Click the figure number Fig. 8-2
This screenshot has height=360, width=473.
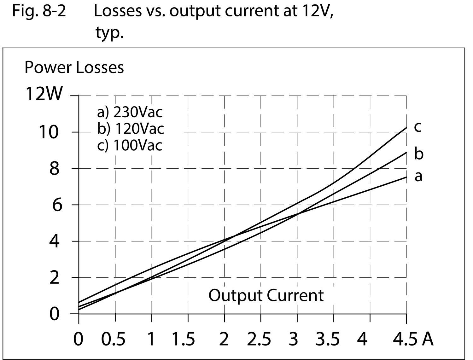(39, 11)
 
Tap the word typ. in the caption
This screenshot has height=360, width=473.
(109, 33)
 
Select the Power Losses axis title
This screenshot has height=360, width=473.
(74, 67)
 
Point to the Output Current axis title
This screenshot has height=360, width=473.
(266, 296)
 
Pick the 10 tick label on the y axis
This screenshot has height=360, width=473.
(48, 132)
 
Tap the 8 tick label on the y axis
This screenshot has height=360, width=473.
(54, 169)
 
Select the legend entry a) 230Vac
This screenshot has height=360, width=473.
(130, 112)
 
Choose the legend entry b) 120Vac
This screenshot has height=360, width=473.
(131, 129)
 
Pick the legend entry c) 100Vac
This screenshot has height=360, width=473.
(130, 145)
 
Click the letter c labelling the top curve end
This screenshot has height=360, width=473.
(417, 127)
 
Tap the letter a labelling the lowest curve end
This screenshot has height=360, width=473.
(418, 177)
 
